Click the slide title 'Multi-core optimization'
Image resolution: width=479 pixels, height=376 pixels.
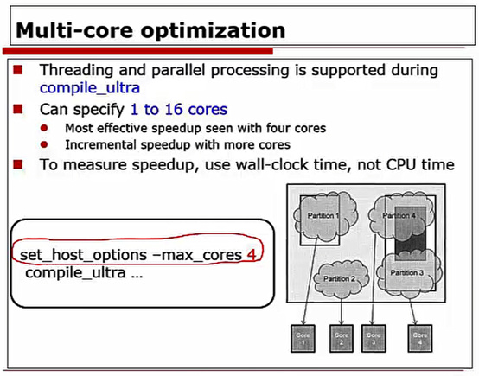pyautogui.click(x=152, y=31)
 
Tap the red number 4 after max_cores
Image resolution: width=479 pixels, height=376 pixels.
pyautogui.click(x=252, y=255)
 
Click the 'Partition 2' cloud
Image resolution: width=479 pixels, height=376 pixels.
pyautogui.click(x=341, y=278)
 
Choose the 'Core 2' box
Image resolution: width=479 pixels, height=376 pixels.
pyautogui.click(x=342, y=340)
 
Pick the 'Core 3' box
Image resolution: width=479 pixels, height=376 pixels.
pyautogui.click(x=375, y=340)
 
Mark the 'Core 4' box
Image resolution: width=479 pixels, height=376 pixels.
pyautogui.click(x=419, y=340)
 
